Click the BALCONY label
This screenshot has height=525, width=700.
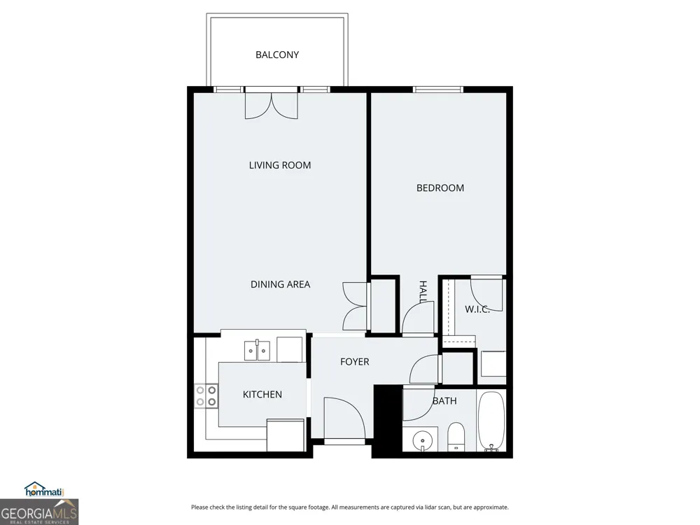coord(276,55)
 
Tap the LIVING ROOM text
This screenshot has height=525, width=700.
coord(280,165)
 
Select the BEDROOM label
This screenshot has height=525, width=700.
coord(440,188)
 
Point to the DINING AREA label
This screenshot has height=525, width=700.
coord(281,284)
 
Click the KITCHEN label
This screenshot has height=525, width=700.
coord(262,394)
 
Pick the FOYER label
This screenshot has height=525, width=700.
coord(354,362)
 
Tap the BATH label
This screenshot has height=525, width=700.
coord(444,401)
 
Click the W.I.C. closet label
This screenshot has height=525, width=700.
coord(477,309)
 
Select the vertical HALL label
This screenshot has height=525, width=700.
coord(423,292)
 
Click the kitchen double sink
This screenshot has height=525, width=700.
coord(257,350)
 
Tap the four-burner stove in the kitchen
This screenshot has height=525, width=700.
coord(206,396)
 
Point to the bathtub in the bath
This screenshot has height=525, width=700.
coord(491,421)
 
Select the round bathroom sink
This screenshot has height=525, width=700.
coord(421,441)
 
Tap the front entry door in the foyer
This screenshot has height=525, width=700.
coord(344,419)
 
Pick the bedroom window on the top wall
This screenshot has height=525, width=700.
coord(438,90)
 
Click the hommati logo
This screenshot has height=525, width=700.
coord(44,490)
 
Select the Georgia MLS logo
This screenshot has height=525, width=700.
coord(39,512)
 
